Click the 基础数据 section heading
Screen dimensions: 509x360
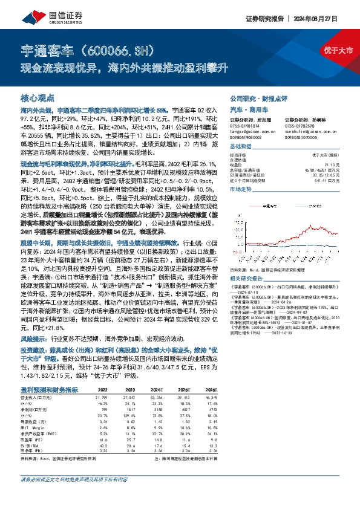[x=241, y=147]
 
